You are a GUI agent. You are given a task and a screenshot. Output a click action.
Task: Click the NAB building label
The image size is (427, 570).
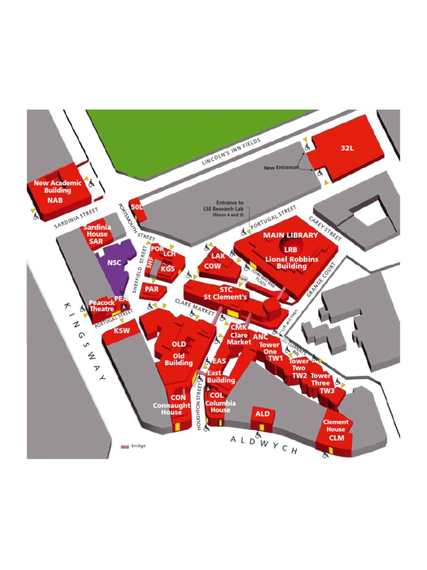(55, 200)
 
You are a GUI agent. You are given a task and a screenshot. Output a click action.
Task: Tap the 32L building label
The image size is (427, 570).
(347, 148)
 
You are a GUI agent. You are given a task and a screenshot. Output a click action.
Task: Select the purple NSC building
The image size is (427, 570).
(115, 263)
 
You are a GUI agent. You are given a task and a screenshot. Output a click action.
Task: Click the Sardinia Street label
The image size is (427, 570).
(76, 219)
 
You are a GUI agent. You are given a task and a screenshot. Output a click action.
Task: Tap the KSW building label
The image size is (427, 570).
(122, 331)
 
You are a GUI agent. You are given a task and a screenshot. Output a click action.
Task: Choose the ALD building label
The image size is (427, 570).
(262, 414)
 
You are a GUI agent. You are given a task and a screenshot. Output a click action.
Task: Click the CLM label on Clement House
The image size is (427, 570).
(336, 438)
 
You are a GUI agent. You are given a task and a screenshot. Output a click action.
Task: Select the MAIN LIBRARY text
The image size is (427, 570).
(290, 235)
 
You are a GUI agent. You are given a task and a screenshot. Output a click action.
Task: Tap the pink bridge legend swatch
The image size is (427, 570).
(125, 446)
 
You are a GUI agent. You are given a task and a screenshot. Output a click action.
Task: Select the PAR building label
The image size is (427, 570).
(152, 289)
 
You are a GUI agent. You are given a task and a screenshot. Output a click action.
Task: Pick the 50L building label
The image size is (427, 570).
(137, 207)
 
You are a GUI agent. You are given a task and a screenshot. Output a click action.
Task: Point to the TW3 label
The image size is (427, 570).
(327, 391)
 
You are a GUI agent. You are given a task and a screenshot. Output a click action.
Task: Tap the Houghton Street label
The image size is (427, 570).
(198, 406)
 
